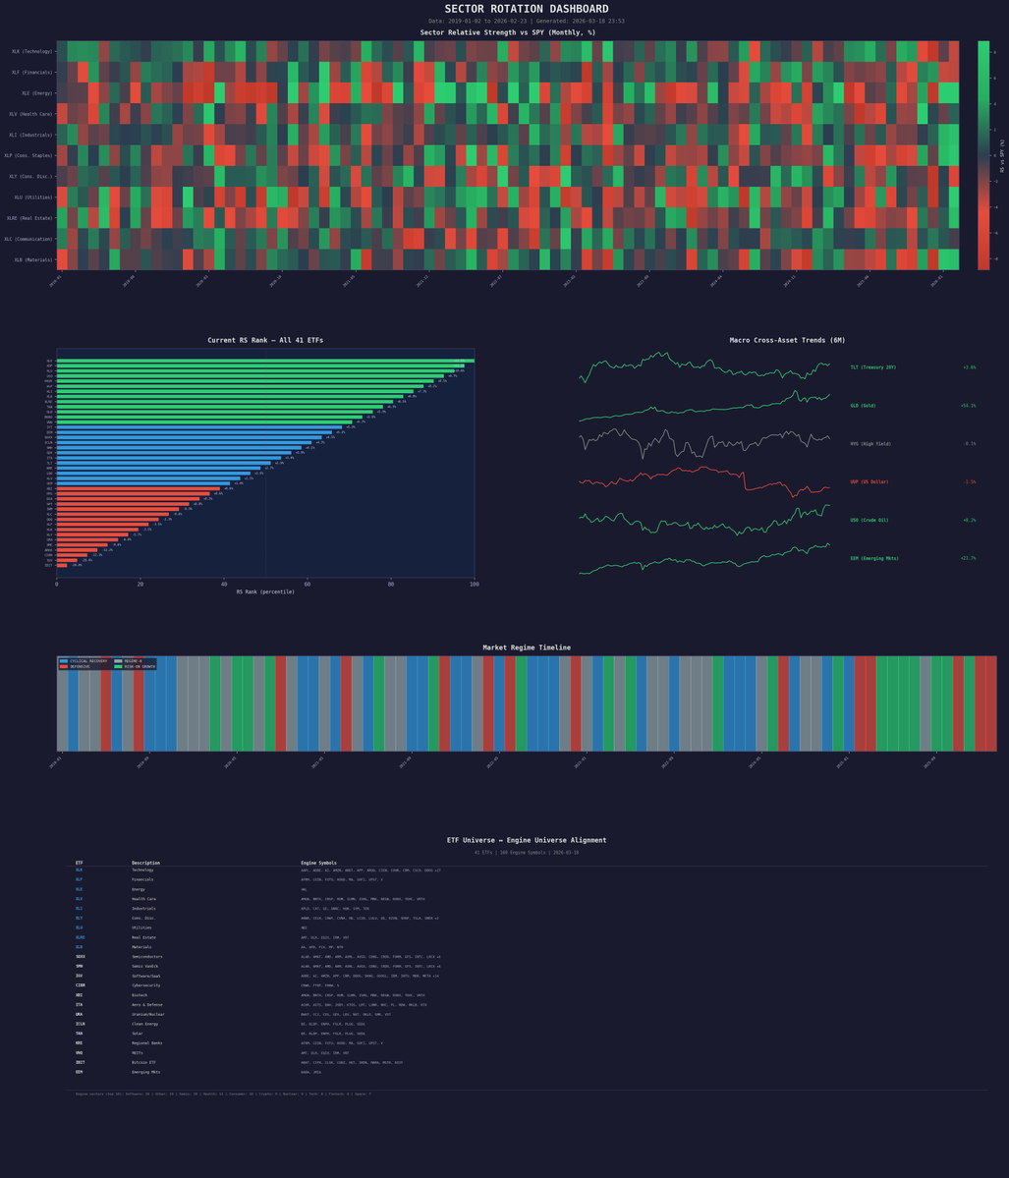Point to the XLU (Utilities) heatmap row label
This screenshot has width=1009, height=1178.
click(x=33, y=197)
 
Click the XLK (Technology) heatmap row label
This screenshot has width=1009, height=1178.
click(x=32, y=51)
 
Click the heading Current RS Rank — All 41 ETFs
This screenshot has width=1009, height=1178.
click(x=264, y=340)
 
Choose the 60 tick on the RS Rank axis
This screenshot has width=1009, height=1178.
click(x=308, y=584)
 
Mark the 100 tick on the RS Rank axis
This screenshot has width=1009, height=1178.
click(x=474, y=584)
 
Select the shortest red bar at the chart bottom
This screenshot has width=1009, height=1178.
click(x=62, y=565)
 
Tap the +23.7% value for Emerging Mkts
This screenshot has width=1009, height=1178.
click(x=968, y=558)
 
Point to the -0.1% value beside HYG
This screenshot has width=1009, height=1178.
click(x=970, y=444)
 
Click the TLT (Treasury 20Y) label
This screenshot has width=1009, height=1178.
click(x=872, y=367)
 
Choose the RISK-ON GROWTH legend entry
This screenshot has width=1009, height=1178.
click(x=138, y=667)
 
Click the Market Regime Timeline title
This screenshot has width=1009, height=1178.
click(x=526, y=647)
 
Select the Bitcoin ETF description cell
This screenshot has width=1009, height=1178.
click(x=145, y=1062)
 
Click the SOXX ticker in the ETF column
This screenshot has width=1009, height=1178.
click(x=81, y=956)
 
